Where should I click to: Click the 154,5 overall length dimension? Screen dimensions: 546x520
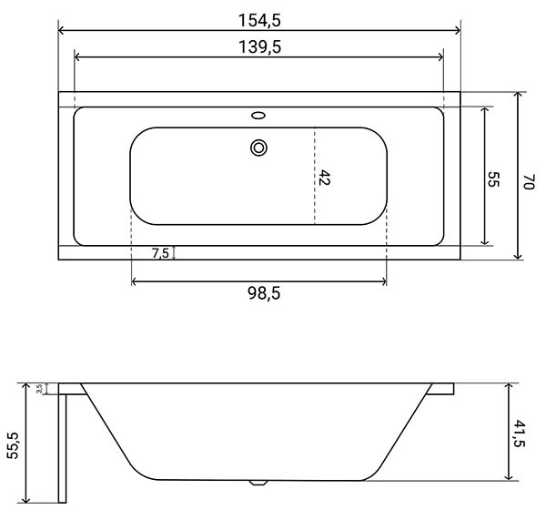(x=259, y=20)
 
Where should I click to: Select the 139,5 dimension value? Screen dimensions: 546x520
(x=259, y=47)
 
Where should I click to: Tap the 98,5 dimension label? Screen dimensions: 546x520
(x=264, y=293)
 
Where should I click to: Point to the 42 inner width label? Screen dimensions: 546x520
(x=324, y=178)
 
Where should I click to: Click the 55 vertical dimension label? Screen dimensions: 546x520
(x=493, y=179)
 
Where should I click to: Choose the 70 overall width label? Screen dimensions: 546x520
(x=529, y=181)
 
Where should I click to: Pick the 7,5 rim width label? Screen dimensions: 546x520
(x=160, y=253)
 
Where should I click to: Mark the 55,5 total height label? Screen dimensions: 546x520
(x=14, y=445)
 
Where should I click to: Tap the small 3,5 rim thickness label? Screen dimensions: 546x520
(x=40, y=389)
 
